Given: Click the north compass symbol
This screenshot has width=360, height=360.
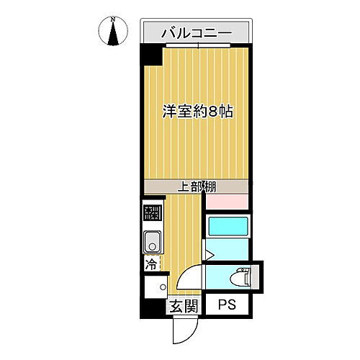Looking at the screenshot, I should pyautogui.click(x=113, y=32).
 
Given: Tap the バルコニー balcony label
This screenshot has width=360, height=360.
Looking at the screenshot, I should pyautogui.click(x=196, y=32).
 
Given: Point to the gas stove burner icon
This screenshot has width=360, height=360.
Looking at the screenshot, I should pyautogui.click(x=152, y=213).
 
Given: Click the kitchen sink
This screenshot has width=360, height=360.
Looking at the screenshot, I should pyautogui.click(x=152, y=240).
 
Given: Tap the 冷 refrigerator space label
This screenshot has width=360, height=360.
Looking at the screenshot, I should pyautogui.click(x=151, y=264).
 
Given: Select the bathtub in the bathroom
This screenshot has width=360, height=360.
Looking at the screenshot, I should pyautogui.click(x=228, y=227).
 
